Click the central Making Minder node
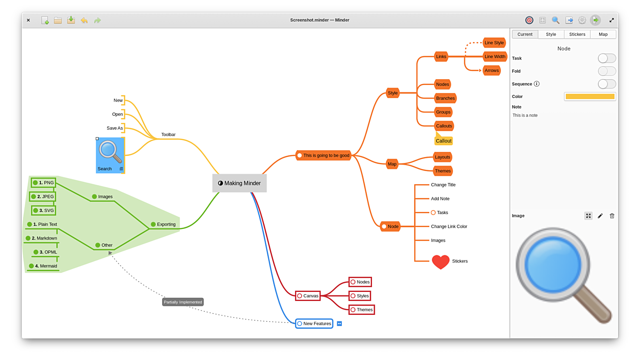coord(240,183)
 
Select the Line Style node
coord(494,43)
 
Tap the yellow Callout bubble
coord(443,141)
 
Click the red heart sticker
coord(440,261)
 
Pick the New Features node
coord(314,323)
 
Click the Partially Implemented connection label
coord(183,302)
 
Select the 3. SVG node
coord(43,210)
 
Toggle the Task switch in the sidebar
coord(606,58)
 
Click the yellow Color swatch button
coord(590,97)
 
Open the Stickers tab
coord(577,34)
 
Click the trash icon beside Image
coord(612,216)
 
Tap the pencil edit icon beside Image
coord(600,216)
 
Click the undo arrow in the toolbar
coord(84,20)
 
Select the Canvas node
coord(308,296)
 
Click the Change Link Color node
coord(449,226)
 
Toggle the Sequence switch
coord(606,84)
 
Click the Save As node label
coord(114,128)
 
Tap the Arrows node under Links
coord(491,71)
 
